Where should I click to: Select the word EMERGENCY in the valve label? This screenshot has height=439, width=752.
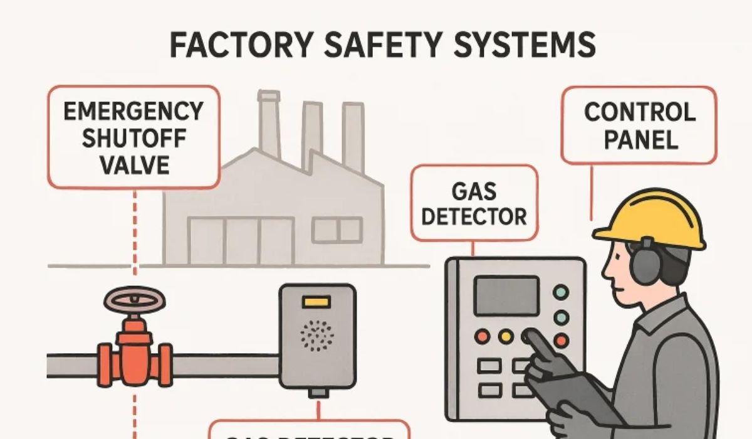coord(134,112)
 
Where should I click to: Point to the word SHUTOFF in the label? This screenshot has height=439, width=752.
coord(134,138)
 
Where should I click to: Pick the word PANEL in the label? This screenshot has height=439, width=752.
coord(639,139)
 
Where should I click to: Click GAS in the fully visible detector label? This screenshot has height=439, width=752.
coord(474,190)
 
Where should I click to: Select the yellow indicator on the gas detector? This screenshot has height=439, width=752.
coord(316,302)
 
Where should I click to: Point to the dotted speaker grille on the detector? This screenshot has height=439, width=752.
coord(317,336)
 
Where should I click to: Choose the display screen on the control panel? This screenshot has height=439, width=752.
coord(506,295)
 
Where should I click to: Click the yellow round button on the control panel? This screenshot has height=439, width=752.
coord(506,337)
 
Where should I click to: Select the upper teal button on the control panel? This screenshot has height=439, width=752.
coord(561,292)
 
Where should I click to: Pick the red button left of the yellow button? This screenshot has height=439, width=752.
coord(482,337)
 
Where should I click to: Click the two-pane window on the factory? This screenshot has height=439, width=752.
coord(337,230)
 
